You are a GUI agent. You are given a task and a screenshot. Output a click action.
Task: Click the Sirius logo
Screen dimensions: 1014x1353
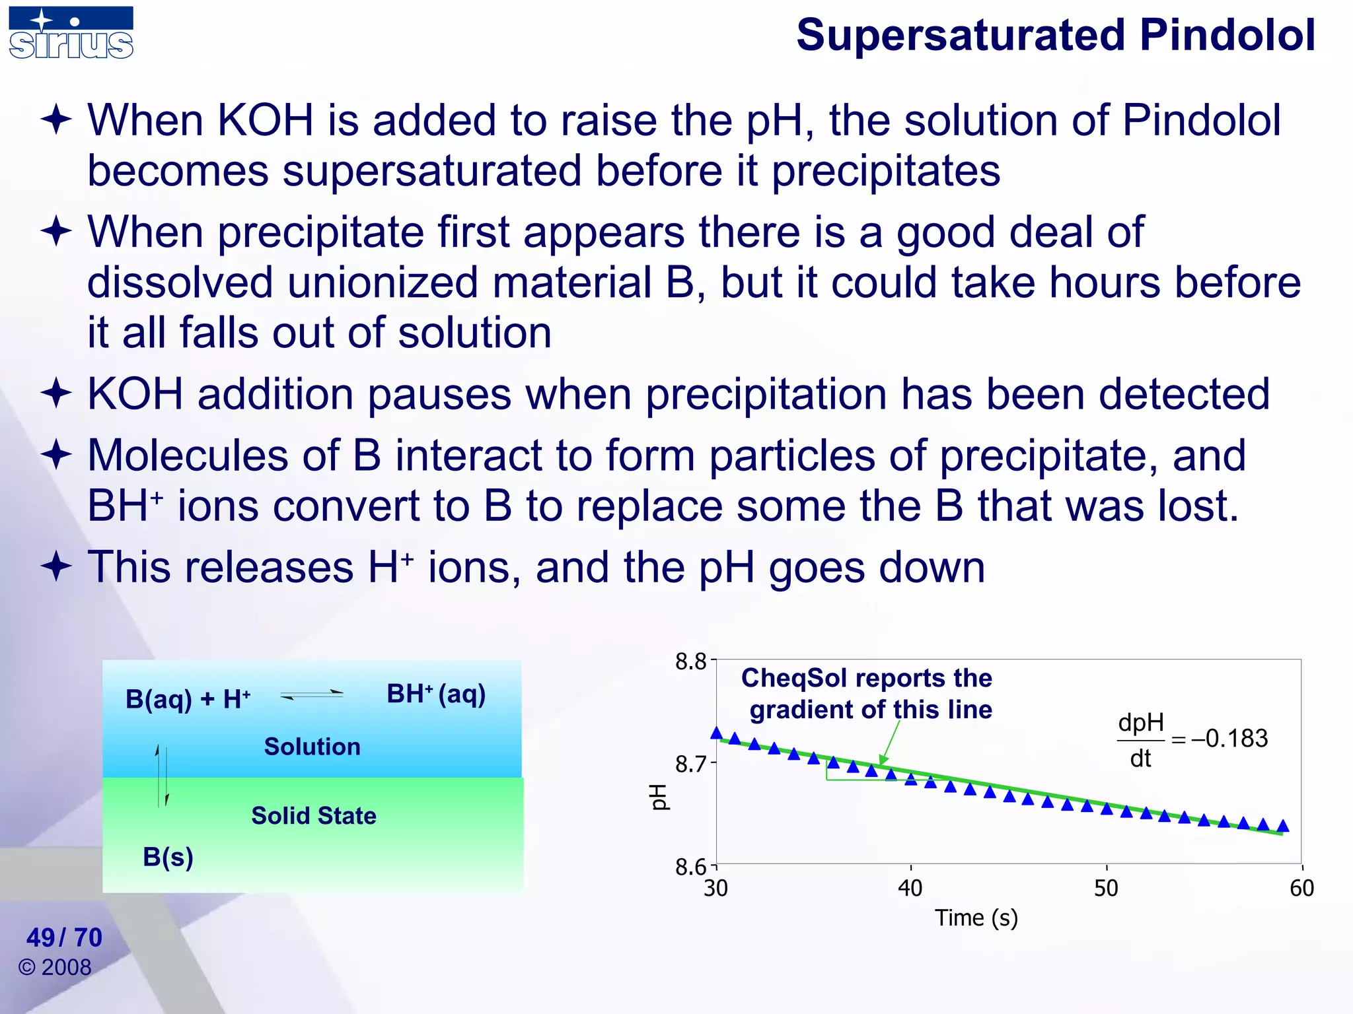click(x=71, y=33)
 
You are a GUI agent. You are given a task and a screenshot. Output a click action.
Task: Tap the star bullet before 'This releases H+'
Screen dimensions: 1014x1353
click(x=56, y=566)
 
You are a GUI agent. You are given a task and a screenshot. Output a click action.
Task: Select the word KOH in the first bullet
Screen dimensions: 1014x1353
click(x=266, y=121)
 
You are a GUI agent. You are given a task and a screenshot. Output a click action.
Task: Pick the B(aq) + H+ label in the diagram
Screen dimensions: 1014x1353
click(x=188, y=698)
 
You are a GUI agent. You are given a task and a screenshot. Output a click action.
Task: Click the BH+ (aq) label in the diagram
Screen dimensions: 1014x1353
click(x=436, y=694)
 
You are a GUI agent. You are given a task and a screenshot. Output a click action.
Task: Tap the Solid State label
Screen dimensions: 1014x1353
click(x=313, y=816)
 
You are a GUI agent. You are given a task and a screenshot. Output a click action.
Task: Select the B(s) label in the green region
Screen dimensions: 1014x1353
click(x=168, y=857)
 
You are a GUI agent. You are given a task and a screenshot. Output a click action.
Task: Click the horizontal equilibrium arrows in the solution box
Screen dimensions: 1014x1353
click(x=312, y=694)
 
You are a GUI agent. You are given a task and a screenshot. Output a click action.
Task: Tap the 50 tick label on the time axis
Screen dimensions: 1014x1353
click(x=1106, y=889)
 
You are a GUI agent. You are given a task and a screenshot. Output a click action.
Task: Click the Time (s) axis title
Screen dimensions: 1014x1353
click(x=976, y=918)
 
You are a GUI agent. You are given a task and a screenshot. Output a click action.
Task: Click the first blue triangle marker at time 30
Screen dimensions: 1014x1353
click(x=716, y=733)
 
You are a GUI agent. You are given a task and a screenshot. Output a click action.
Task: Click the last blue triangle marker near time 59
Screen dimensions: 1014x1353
click(x=1282, y=826)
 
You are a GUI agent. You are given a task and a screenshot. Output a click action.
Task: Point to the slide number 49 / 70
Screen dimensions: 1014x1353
click(x=64, y=937)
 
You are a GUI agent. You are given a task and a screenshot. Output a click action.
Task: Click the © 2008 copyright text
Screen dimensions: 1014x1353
click(x=55, y=968)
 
